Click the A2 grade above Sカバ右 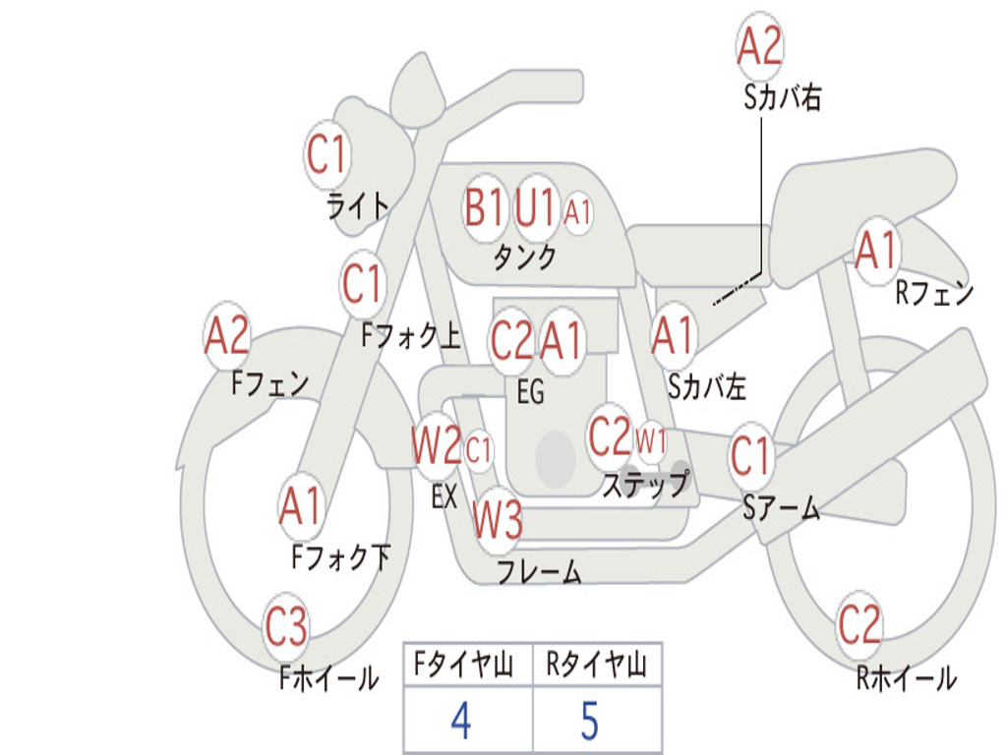click(760, 45)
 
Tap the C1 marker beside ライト click(326, 154)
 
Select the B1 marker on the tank click(484, 207)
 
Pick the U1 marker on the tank click(534, 207)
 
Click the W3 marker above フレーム click(497, 519)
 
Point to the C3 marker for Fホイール click(286, 626)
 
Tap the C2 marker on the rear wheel click(859, 624)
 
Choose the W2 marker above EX click(437, 445)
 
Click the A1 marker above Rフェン click(876, 251)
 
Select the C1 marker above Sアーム click(750, 455)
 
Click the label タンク click(525, 257)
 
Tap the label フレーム click(540, 571)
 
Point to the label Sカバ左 click(707, 386)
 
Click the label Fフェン click(269, 383)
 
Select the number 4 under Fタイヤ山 click(461, 721)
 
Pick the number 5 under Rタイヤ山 click(590, 721)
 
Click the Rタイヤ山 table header click(597, 664)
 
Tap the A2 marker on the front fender click(227, 335)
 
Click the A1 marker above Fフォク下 click(300, 506)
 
